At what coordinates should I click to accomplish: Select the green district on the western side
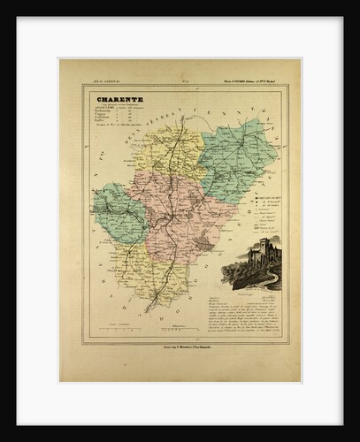coord(119,217)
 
